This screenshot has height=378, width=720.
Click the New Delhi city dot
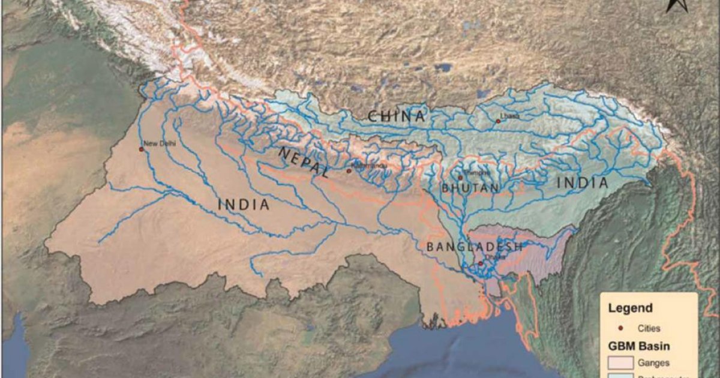[x=142, y=149]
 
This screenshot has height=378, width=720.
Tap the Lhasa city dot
[x=498, y=121]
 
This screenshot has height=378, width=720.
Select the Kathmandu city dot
[x=349, y=171]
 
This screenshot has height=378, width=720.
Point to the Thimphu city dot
[x=460, y=178]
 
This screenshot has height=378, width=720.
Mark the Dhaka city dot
[x=481, y=263]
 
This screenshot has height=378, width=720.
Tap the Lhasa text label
[x=509, y=116]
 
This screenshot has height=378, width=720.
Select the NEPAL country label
[x=304, y=162]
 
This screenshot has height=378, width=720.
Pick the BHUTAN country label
[x=470, y=188]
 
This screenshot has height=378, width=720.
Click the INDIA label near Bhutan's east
[x=582, y=182]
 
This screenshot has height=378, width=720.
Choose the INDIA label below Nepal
[x=244, y=205]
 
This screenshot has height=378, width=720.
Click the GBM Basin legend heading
[x=639, y=346]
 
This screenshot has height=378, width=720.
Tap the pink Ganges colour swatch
[x=621, y=362]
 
